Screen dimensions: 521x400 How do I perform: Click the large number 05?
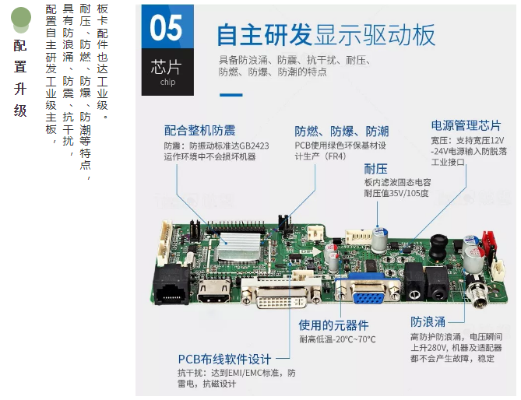(166, 28)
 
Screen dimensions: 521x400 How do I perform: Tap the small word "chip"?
(167, 82)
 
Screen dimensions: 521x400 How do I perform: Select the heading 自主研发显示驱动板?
(326, 34)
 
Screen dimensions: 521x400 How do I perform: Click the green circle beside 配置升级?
(21, 17)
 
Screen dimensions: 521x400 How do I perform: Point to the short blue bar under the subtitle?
(231, 95)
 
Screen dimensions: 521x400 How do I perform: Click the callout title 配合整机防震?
(199, 131)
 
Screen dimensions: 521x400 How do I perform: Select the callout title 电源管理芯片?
(466, 125)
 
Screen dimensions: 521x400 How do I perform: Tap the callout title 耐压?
(376, 169)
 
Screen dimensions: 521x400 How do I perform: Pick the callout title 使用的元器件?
(333, 325)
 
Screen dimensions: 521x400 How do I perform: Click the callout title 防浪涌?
(428, 321)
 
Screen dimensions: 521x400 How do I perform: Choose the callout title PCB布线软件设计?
(224, 360)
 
